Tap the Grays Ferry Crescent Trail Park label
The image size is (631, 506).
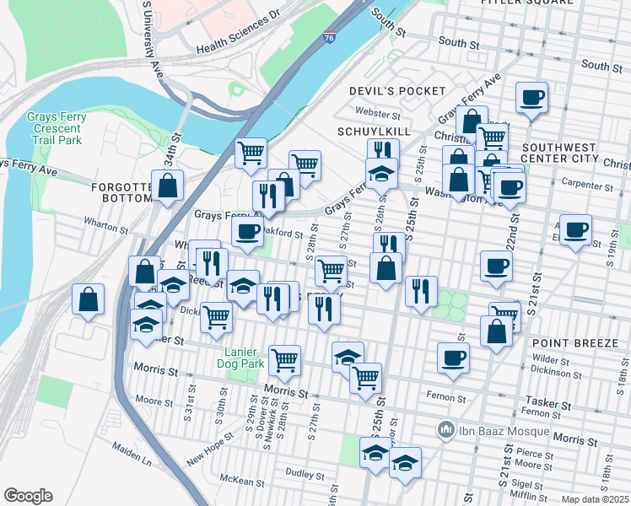54,128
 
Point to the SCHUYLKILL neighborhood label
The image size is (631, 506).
374,132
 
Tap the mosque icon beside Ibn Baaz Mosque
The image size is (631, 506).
446,431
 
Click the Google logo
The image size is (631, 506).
28,496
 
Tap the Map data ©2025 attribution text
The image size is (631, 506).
596,499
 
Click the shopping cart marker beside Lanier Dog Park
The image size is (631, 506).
285,359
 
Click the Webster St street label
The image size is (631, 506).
377,113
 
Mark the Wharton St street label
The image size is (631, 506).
105,225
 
